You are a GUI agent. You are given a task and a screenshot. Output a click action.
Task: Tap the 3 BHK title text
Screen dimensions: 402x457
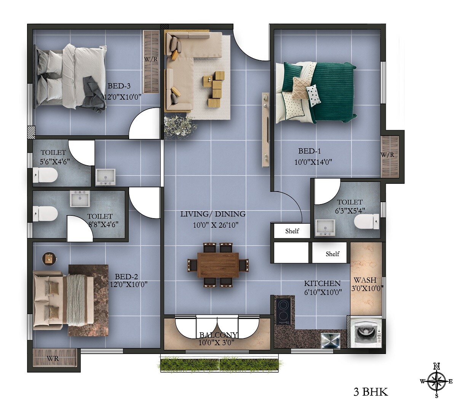pos(371,391)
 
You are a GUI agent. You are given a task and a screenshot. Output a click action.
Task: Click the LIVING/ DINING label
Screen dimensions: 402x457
pos(213,214)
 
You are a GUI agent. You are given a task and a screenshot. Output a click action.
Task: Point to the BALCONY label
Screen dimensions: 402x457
pos(219,335)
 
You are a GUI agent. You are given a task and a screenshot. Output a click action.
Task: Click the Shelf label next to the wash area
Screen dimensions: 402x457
pos(332,254)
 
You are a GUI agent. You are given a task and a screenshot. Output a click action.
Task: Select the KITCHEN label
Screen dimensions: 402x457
pos(322,284)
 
